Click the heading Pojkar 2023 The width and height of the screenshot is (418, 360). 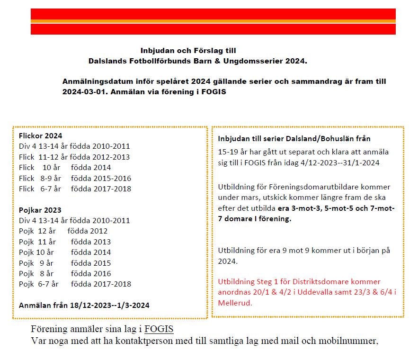point(40,210)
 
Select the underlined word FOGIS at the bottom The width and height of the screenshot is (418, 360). point(159,329)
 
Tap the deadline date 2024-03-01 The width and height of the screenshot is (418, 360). point(82,91)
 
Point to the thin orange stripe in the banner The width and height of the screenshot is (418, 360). point(213,21)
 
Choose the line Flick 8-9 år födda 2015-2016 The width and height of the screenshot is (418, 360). point(75,178)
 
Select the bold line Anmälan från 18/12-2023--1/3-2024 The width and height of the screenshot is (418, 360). point(84,305)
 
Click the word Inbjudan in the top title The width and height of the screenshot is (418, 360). point(157,51)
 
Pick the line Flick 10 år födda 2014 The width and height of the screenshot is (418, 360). point(65,167)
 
